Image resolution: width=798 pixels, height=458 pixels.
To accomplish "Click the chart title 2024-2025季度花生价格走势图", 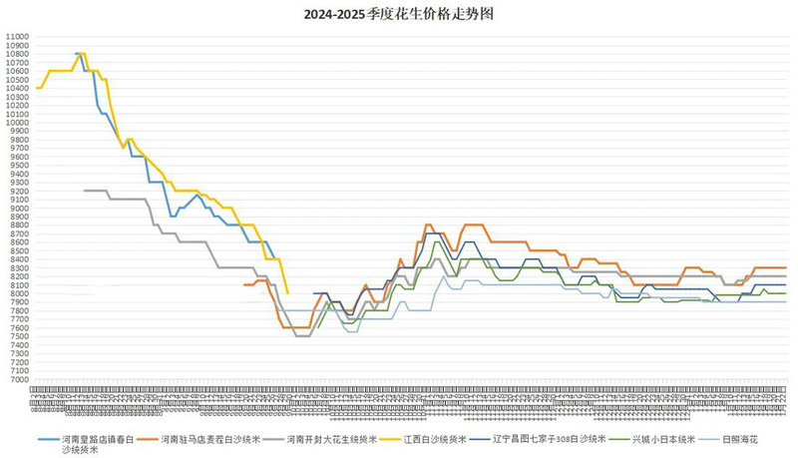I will [x=399, y=16].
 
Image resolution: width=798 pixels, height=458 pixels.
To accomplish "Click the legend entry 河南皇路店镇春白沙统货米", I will [x=99, y=438].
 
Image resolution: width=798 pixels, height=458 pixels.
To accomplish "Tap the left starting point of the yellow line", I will [x=36, y=88].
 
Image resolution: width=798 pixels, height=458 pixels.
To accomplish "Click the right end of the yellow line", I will [x=287, y=292].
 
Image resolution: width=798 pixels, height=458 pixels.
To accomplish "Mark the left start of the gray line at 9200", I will [x=85, y=191].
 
